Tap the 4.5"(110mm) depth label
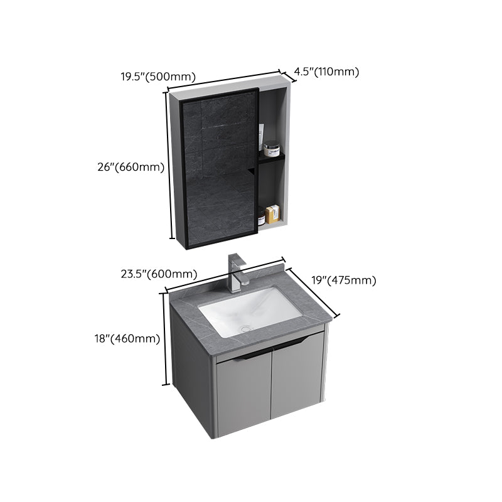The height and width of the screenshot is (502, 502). (x=326, y=72)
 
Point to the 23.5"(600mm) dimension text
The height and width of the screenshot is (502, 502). (x=159, y=274)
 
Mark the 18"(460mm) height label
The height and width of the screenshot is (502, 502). (x=132, y=338)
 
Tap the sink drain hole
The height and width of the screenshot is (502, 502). (x=246, y=327)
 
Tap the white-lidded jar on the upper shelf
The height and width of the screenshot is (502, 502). (x=271, y=150)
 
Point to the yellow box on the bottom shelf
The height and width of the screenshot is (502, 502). (x=271, y=215)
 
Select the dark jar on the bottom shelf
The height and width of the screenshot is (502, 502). (x=260, y=216)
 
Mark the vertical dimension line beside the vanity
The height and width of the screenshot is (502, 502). (x=166, y=338)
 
